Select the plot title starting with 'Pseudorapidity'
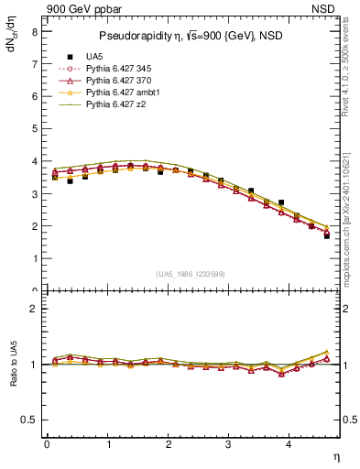(x=194, y=36)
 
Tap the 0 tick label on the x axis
(x=47, y=444)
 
